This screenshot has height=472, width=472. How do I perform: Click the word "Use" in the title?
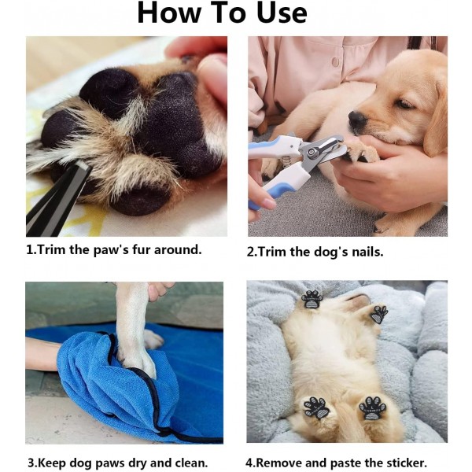[x=282, y=13]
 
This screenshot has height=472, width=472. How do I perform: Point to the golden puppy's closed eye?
[x=404, y=105]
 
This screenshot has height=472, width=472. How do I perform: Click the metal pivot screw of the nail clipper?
[x=311, y=153]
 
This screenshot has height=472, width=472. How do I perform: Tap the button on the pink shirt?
[x=335, y=62]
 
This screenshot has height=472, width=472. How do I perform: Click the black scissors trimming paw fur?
[x=57, y=200]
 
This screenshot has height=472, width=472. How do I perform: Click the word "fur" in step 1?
[x=142, y=250]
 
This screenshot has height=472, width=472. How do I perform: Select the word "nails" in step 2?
[x=367, y=252]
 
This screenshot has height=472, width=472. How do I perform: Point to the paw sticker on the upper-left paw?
[x=312, y=299]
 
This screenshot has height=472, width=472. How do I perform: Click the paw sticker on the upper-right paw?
[x=378, y=314]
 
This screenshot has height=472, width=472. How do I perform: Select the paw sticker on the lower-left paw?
[x=315, y=407]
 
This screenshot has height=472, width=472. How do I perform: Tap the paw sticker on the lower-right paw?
[x=372, y=408]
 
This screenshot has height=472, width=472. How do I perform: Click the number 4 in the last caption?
[x=249, y=463]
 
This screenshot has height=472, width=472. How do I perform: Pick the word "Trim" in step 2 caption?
[x=271, y=252]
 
